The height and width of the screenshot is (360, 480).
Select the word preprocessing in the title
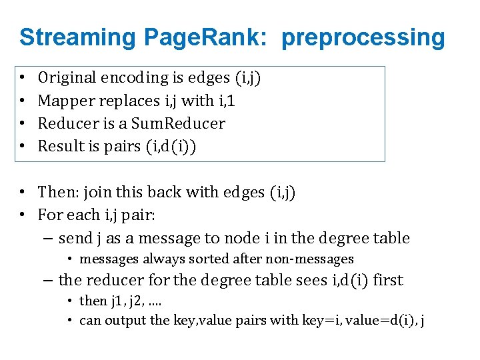pyautogui.click(x=363, y=37)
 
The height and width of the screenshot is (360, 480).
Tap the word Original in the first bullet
pyautogui.click(x=67, y=78)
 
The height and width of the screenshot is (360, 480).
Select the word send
pyautogui.click(x=75, y=238)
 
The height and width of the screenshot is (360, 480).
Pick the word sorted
pyautogui.click(x=205, y=259)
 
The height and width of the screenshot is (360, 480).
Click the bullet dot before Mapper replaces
pyautogui.click(x=23, y=101)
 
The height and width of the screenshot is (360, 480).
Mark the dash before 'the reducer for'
pyautogui.click(x=50, y=280)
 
